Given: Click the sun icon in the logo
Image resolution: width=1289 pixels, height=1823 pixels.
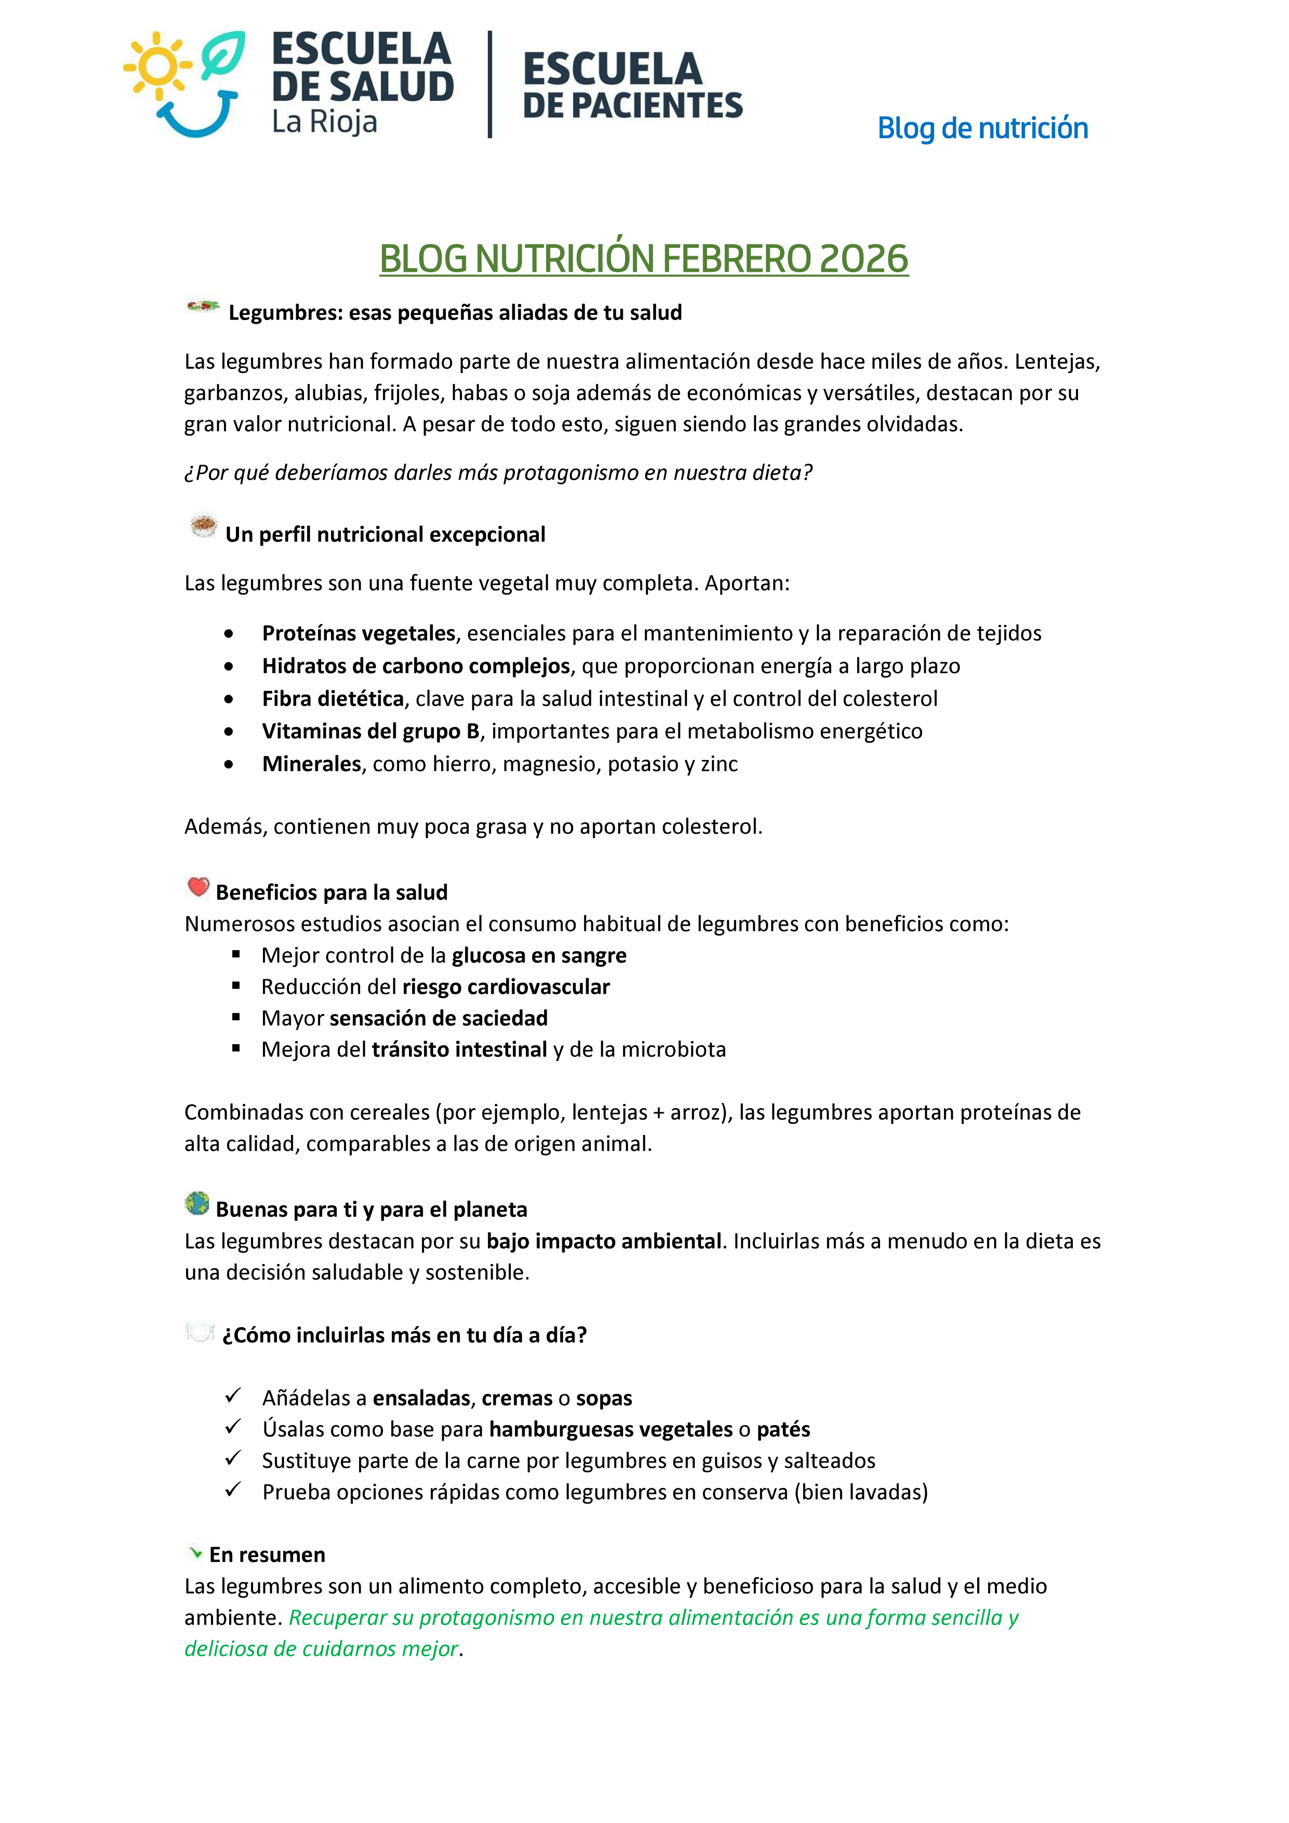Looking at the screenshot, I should click(x=158, y=66).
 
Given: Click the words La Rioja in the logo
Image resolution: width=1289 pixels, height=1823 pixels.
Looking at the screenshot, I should click(x=324, y=122).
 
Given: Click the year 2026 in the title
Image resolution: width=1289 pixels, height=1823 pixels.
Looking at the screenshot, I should click(x=863, y=259).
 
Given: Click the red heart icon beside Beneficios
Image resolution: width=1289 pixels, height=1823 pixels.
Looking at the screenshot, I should click(x=198, y=887).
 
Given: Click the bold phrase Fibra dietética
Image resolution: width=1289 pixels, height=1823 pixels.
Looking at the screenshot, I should click(x=334, y=699).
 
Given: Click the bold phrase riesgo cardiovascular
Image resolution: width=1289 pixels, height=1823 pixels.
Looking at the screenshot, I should click(x=506, y=987).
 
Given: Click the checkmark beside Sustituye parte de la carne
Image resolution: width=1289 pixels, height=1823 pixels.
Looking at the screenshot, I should click(x=233, y=1459).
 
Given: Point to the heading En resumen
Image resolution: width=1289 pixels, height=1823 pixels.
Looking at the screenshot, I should click(x=267, y=1554).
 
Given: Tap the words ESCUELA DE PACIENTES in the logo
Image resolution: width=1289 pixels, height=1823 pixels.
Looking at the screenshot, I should click(x=632, y=86).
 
